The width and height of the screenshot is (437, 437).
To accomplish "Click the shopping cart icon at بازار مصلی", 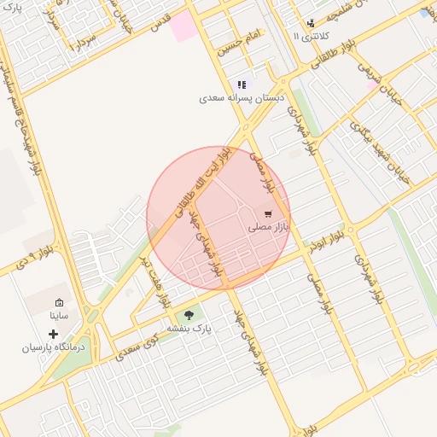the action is coord(268,214).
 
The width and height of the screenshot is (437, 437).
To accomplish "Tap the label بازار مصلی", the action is coord(269,228).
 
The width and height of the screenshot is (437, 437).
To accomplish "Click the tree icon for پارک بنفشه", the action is coord(189,315).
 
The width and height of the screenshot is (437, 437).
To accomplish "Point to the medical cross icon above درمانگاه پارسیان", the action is coord(54,334).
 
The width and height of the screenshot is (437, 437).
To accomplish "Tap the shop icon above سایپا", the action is coord(59,303).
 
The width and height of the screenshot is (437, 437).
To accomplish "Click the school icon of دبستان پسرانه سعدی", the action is coord(242,84).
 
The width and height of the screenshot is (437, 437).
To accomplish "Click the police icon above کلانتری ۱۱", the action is coord(311,23).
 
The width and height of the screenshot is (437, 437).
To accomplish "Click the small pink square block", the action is coord(182,26).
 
